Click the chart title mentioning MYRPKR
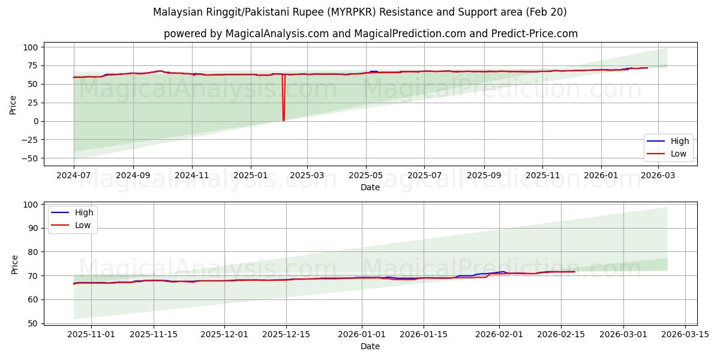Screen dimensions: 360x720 coord(359,12)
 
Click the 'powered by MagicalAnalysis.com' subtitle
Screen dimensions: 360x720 coord(370,34)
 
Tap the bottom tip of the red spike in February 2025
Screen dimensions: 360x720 coord(283,121)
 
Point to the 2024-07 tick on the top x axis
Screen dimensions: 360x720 coord(74,175)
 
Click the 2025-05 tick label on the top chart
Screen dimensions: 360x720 coord(365,175)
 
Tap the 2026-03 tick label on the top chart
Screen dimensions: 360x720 coord(658,175)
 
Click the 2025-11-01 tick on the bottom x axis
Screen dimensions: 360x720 coord(91,334)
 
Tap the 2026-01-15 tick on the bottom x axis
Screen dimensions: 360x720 coord(424,334)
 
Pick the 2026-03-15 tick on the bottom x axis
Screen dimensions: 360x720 coord(685,334)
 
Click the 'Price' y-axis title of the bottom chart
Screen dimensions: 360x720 coord(15,264)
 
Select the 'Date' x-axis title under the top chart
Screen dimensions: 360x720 coord(370,187)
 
